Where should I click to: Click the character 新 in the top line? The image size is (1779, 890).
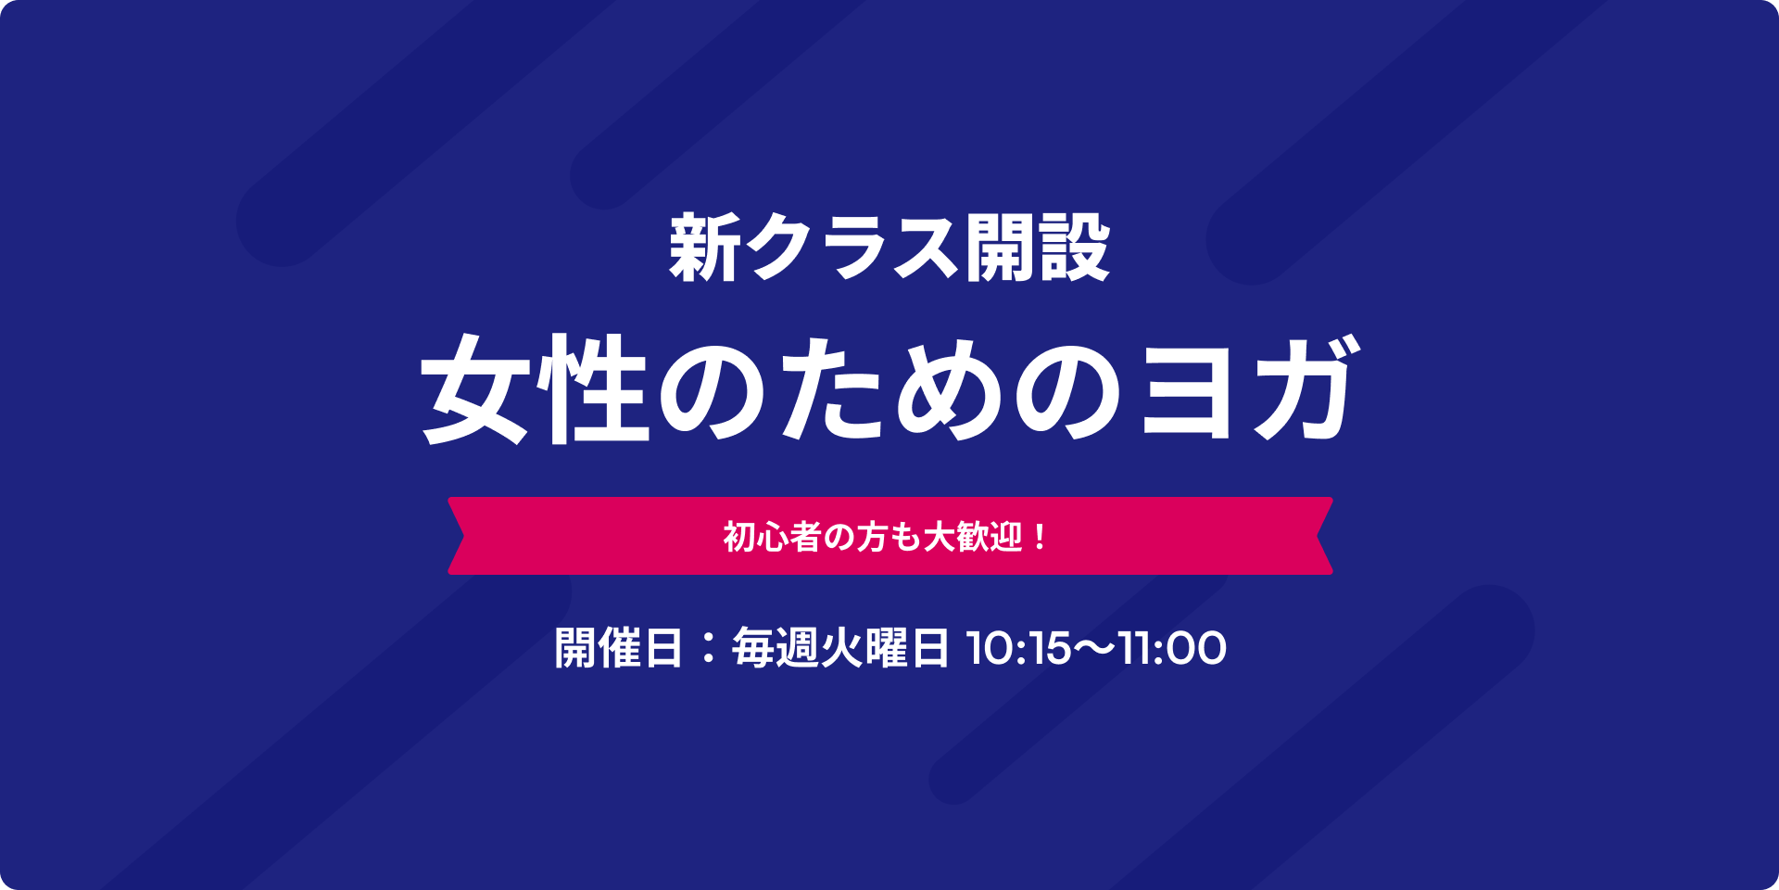(x=705, y=247)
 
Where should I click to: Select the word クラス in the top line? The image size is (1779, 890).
(x=851, y=247)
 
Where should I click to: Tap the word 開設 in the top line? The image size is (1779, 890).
(x=1037, y=247)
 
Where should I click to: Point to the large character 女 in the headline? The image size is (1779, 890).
(x=478, y=388)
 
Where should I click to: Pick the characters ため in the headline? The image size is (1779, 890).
(x=835, y=388)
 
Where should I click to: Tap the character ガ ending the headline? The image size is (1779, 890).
(x=1307, y=388)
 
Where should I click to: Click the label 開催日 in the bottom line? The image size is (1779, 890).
(x=618, y=647)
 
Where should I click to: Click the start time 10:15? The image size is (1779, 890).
(x=1018, y=648)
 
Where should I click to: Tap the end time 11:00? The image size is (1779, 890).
(x=1173, y=648)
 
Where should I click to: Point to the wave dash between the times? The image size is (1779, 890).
(x=1095, y=648)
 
